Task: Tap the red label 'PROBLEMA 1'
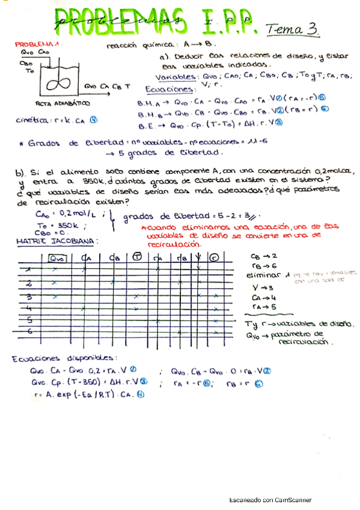point(35,45)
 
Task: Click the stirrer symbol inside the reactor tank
point(60,80)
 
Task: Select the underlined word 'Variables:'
point(174,77)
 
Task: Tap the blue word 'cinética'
point(33,120)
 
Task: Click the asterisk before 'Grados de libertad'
point(21,144)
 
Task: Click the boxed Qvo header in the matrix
point(57,258)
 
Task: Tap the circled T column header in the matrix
point(136,258)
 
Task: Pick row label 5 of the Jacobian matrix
point(28,319)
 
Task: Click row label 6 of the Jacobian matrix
point(28,331)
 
